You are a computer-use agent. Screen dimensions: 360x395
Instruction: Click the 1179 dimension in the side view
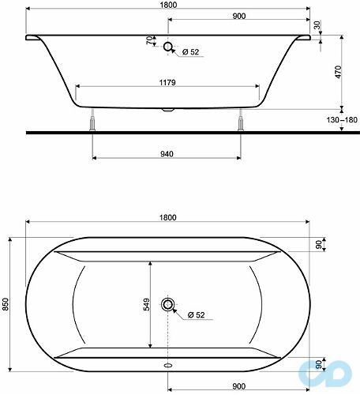point(167,83)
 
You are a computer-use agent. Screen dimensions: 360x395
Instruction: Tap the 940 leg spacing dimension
point(167,154)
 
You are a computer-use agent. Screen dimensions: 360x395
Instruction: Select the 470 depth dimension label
point(339,72)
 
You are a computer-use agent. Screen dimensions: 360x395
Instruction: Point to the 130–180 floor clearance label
point(342,120)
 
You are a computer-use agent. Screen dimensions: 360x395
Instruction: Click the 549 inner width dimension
point(147,304)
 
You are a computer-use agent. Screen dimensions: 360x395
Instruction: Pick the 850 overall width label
point(6,304)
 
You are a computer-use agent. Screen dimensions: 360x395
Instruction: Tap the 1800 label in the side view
point(168,5)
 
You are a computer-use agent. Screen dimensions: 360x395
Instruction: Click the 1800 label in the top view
point(168,217)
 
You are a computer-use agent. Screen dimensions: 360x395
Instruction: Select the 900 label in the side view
point(239,16)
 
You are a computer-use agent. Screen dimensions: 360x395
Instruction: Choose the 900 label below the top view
point(239,386)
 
